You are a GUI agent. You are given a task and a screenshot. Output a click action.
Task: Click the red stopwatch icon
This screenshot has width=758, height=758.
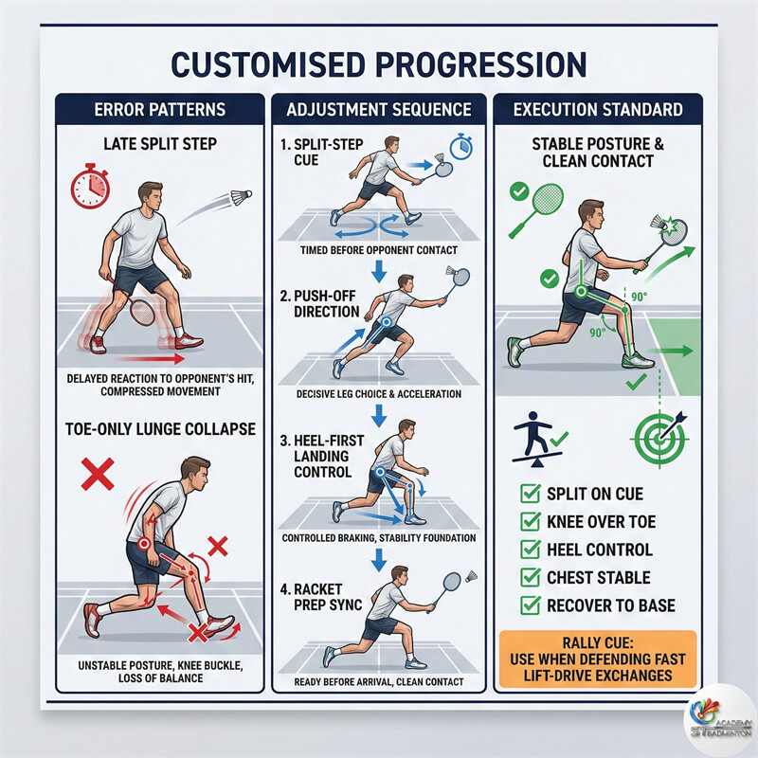click(x=90, y=187)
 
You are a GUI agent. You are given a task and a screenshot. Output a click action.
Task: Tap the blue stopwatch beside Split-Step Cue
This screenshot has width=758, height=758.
click(x=461, y=147)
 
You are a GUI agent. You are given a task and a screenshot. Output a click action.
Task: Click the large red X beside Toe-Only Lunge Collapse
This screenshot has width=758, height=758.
click(x=98, y=474)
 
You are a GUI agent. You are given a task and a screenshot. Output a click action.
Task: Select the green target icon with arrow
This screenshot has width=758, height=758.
click(x=659, y=438)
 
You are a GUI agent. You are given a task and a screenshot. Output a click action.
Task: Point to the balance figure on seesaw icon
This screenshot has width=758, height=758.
click(x=537, y=439)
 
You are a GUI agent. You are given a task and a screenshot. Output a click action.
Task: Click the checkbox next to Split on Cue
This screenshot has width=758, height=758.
click(x=531, y=494)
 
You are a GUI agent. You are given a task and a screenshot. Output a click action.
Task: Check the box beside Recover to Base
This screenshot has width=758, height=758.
click(x=531, y=605)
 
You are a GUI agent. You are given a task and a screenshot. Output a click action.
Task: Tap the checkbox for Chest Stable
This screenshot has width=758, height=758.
click(x=531, y=577)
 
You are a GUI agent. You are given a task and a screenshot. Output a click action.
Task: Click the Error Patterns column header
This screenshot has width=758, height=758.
click(x=160, y=109)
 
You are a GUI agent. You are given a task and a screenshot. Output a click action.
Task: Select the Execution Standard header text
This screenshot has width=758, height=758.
click(x=598, y=109)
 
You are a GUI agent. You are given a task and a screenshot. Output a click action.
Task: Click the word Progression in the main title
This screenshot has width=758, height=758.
click(x=477, y=64)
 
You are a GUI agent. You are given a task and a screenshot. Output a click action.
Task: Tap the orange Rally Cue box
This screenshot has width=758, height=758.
click(x=598, y=659)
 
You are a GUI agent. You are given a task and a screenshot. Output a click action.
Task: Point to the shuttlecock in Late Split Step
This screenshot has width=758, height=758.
click(x=241, y=197)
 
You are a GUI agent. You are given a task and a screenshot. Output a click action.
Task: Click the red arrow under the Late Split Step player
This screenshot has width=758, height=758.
click(x=151, y=359)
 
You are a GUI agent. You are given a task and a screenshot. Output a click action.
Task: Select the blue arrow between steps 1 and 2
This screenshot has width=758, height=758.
click(x=379, y=272)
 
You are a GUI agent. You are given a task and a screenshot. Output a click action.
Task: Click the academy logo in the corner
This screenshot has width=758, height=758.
click(x=720, y=720)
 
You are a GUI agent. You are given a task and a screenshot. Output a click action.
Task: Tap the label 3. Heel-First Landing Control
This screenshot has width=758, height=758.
click(x=322, y=456)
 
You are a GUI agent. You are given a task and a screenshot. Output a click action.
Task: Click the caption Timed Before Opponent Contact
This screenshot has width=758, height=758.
click(x=378, y=250)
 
